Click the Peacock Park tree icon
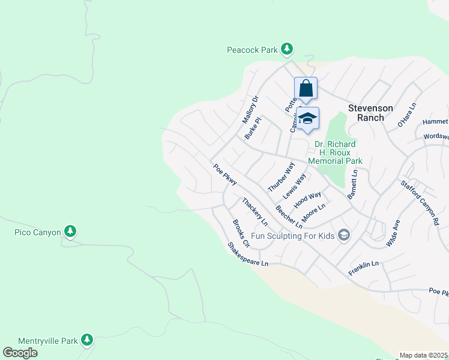tap(288, 49)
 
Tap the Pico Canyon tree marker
tap(70, 231)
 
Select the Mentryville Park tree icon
tap(87, 340)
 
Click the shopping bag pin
tap(306, 89)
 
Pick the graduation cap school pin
tap(307, 118)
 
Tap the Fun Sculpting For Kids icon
tap(344, 235)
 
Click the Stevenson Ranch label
tap(371, 113)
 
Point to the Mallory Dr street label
tap(250, 109)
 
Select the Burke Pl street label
tap(253, 128)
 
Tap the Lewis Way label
tap(295, 186)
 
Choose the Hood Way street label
tap(307, 200)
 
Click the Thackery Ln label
tap(255, 211)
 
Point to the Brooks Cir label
tap(241, 233)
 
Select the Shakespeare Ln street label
tap(247, 254)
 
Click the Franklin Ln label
tap(364, 268)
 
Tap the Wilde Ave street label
tap(393, 233)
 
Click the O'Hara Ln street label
tap(407, 115)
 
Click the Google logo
tap(20, 353)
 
